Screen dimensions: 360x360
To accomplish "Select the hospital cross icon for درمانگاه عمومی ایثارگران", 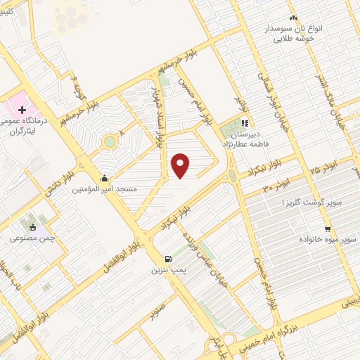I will [22, 110].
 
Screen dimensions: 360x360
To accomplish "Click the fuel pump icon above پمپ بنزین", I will [167, 258].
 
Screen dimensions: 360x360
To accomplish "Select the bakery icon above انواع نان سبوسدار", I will [293, 18].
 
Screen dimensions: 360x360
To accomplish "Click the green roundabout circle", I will [109, 142].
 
